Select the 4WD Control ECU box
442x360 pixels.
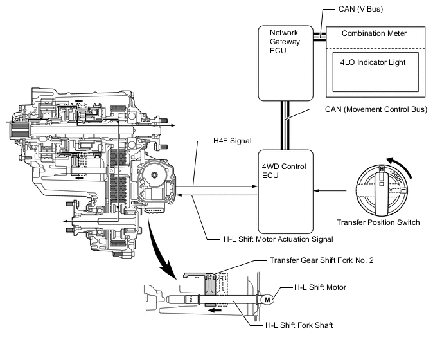point(285,191)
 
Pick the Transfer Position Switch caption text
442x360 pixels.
point(378,223)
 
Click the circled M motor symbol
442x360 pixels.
point(266,297)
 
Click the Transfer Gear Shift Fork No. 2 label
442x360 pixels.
point(319,260)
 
